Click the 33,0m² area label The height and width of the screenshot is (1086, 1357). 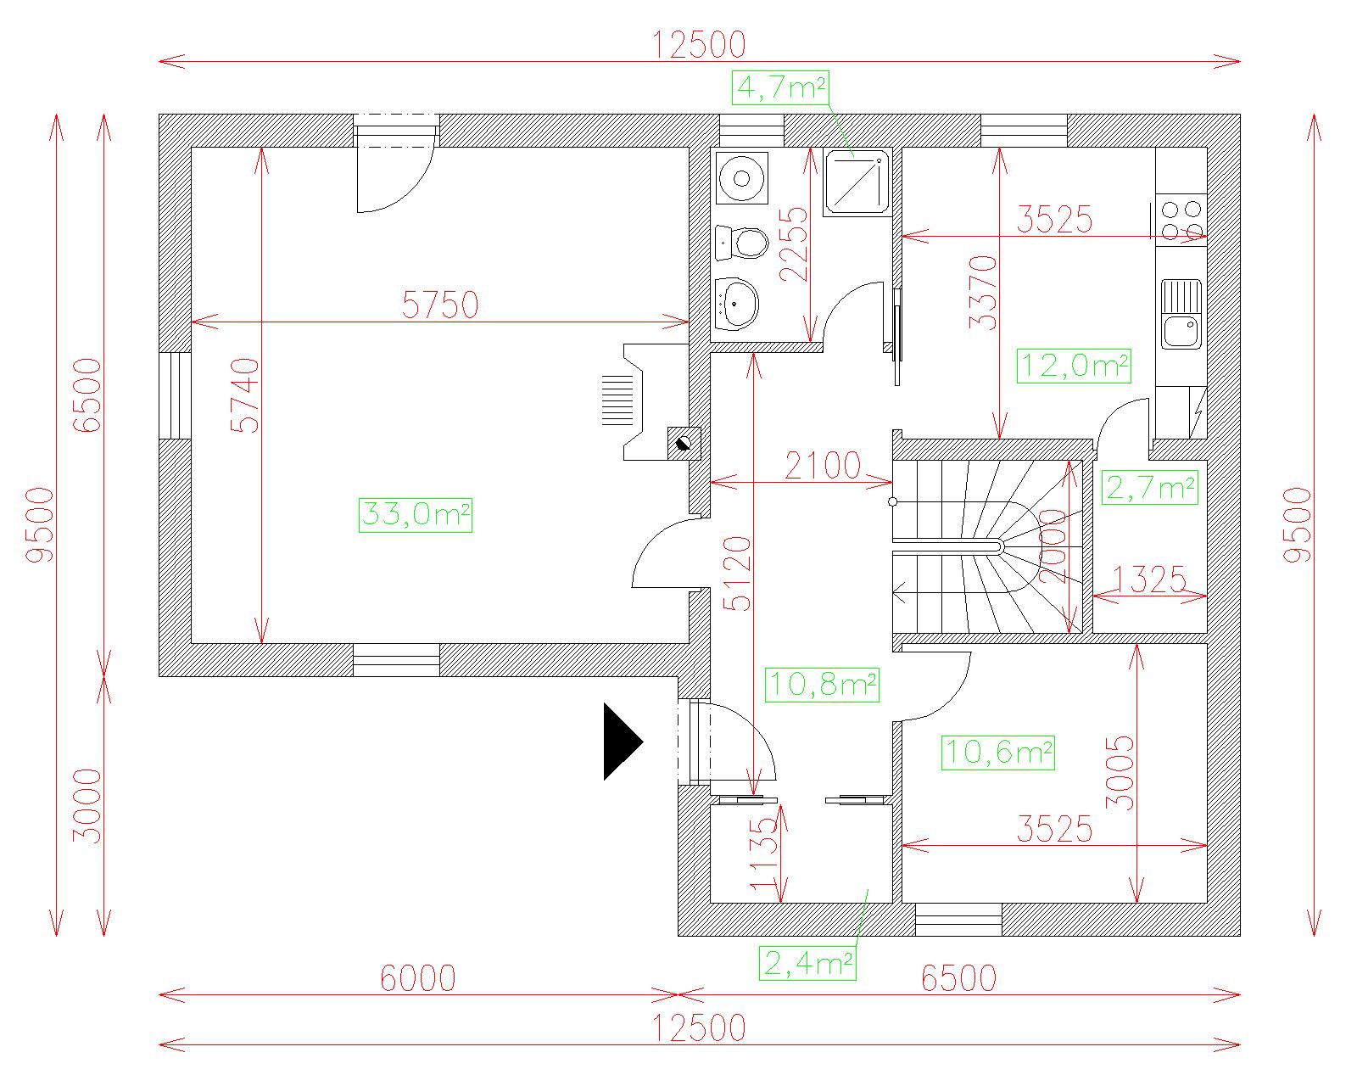pos(415,515)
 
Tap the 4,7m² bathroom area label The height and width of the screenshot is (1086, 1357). pos(780,87)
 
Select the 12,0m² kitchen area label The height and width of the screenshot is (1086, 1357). pos(1074,366)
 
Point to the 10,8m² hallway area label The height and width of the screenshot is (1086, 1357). pos(823,685)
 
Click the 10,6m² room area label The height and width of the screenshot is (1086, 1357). pos(998,753)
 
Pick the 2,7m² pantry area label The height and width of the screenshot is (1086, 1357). pos(1149,488)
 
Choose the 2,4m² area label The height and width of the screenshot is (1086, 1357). pos(807,963)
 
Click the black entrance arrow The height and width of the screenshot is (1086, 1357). pos(623,742)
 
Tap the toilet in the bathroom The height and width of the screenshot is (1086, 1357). pos(742,243)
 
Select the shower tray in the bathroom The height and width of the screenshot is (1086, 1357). pos(857,183)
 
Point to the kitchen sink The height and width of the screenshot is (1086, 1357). pos(1181,314)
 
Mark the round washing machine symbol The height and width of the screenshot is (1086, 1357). pos(742,178)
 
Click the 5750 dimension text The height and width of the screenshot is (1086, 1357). pos(440,305)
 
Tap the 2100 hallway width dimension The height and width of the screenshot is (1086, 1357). pos(823,467)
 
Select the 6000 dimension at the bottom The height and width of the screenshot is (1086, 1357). pos(417,978)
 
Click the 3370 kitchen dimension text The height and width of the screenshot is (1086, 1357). pos(983,292)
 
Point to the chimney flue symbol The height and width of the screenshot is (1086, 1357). pos(684,444)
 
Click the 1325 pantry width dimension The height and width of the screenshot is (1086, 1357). pos(1149,579)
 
